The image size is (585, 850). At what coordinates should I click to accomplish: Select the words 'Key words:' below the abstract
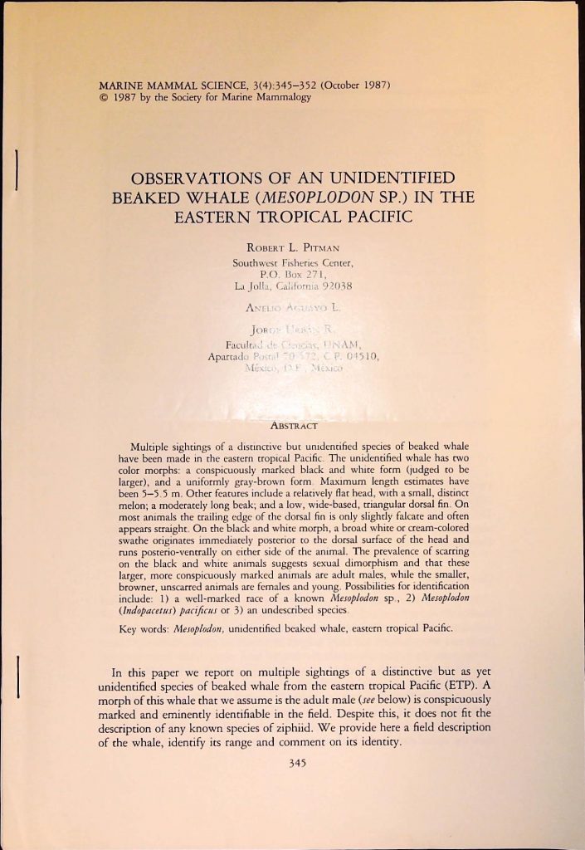157,629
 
